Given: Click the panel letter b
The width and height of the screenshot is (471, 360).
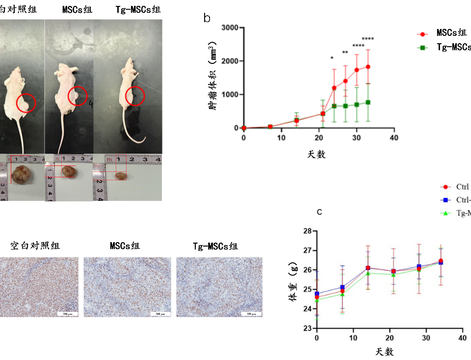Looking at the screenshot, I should [207, 18].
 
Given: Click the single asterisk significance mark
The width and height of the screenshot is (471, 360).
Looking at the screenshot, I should [332, 59].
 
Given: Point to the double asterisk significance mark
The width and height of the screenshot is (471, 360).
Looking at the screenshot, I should [345, 53].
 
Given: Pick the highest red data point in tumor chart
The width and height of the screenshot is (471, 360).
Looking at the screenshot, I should [368, 67].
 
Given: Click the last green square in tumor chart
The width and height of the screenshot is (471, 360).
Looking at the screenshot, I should [368, 102].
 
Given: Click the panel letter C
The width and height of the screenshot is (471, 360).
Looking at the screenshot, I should [319, 212].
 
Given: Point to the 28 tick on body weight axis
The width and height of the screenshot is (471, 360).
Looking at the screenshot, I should [308, 231].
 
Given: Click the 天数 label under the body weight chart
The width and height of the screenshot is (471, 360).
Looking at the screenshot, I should [385, 352].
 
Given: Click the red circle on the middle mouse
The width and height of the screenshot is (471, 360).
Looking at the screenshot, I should [77, 96].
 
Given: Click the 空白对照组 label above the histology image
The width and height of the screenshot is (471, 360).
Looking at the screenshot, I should [35, 246].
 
